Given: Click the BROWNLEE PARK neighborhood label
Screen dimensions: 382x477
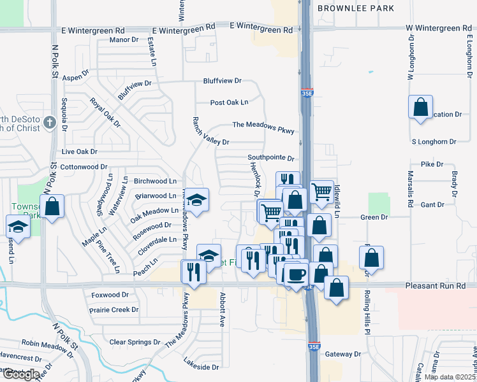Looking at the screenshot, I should [355, 8].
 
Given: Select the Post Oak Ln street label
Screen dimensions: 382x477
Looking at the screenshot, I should [229, 103].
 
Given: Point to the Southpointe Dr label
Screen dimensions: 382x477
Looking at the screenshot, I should [271, 158].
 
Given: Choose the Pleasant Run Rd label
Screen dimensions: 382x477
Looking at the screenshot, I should [439, 287].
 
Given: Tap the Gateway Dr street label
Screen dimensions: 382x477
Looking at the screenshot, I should [343, 354].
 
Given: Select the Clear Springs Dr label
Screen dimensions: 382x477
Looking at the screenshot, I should [135, 342].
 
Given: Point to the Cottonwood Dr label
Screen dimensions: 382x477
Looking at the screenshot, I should [84, 167].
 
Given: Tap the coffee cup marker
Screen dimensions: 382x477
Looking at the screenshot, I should [296, 274].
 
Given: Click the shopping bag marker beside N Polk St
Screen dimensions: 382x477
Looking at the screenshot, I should [52, 206].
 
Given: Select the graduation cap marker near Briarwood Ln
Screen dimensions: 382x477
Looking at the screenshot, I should [198, 201].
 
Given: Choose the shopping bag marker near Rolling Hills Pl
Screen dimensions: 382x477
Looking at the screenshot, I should [371, 257].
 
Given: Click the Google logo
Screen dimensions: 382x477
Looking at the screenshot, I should [20, 374].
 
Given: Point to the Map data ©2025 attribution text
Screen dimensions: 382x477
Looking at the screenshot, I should [450, 377].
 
